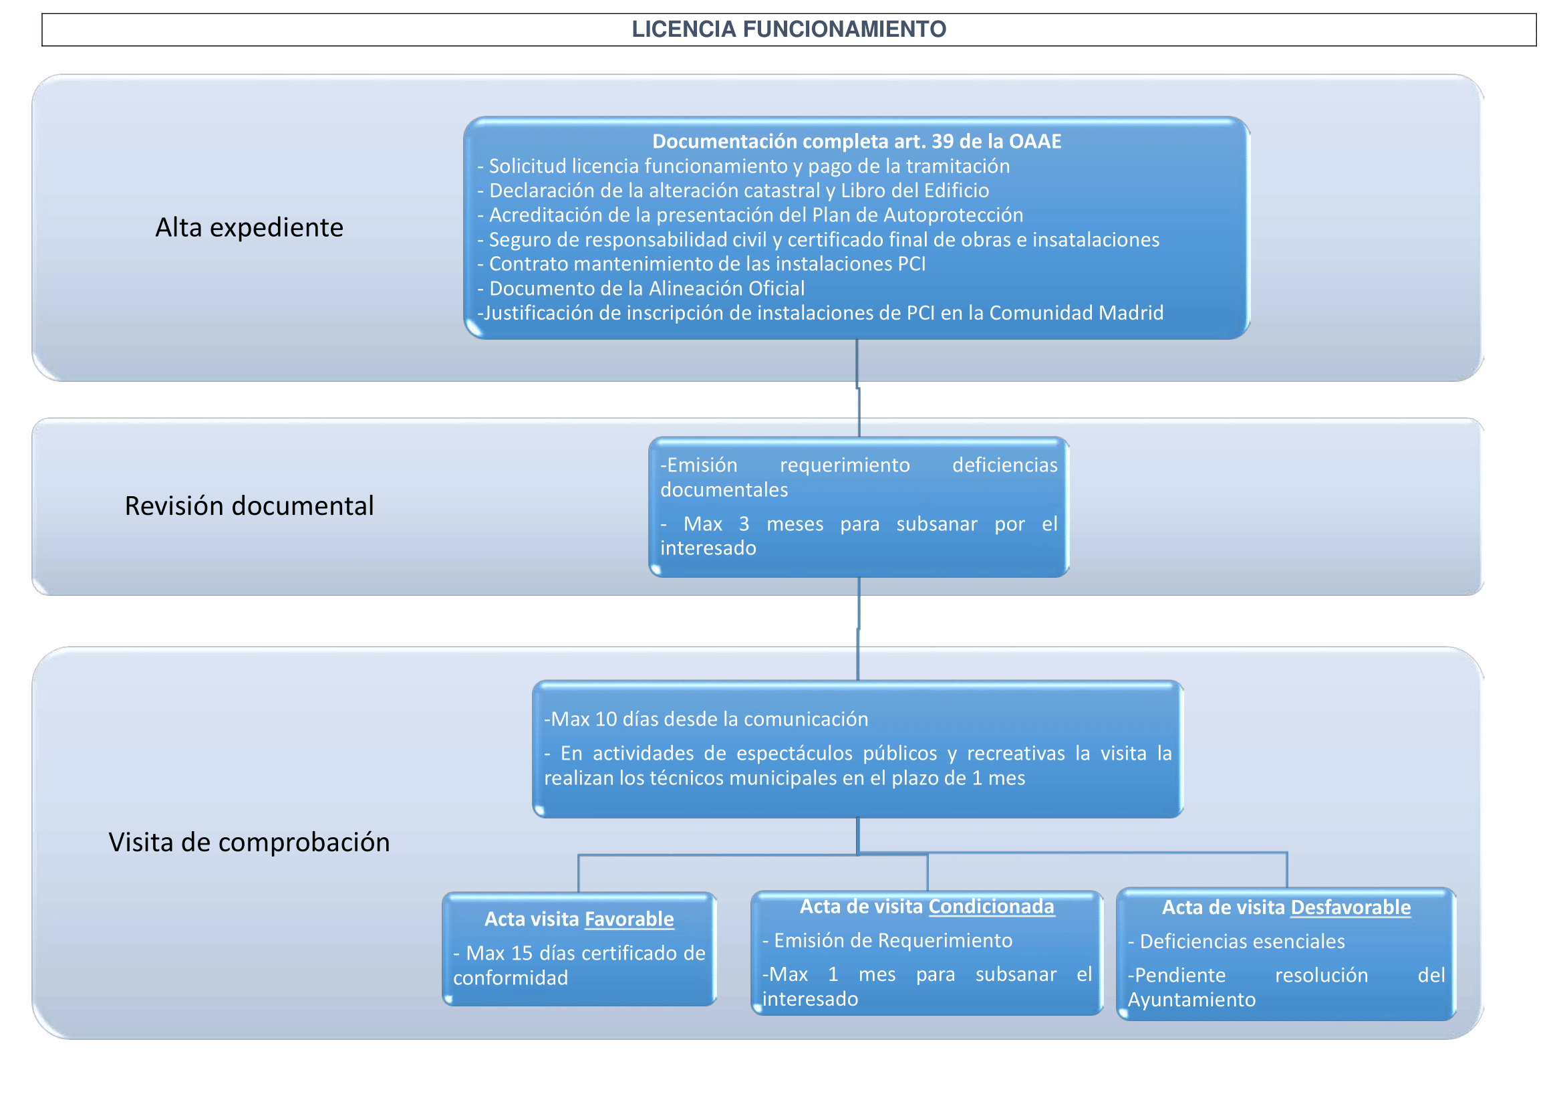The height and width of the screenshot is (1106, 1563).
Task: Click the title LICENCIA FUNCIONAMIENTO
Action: pyautogui.click(x=789, y=29)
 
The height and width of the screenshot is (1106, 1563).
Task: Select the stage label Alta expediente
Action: pyautogui.click(x=249, y=227)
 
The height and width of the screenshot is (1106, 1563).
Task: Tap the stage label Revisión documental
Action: pyautogui.click(x=249, y=506)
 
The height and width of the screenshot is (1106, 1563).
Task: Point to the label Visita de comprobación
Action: pyautogui.click(x=249, y=843)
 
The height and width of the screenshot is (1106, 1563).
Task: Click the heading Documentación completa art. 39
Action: pyautogui.click(x=857, y=141)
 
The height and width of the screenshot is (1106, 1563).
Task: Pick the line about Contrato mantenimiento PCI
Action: pyautogui.click(x=701, y=263)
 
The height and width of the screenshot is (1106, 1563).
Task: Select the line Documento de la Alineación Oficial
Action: pyautogui.click(x=641, y=288)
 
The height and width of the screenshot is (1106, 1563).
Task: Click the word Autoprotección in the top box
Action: pyautogui.click(x=953, y=215)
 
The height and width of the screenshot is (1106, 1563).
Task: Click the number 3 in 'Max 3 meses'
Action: pyautogui.click(x=744, y=524)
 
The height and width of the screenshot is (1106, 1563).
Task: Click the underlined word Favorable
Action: pyautogui.click(x=629, y=919)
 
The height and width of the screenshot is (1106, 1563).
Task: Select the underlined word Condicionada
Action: pyautogui.click(x=992, y=907)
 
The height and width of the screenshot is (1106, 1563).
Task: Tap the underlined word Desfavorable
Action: pyautogui.click(x=1351, y=907)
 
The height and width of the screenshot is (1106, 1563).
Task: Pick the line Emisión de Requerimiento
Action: pyautogui.click(x=887, y=941)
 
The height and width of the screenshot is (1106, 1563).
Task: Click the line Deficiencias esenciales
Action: pyautogui.click(x=1236, y=942)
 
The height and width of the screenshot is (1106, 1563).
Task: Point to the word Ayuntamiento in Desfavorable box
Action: pyautogui.click(x=1191, y=1000)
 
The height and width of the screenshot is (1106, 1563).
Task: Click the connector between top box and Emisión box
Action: pyautogui.click(x=858, y=389)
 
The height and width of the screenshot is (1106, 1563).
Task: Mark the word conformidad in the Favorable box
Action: pyautogui.click(x=511, y=978)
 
